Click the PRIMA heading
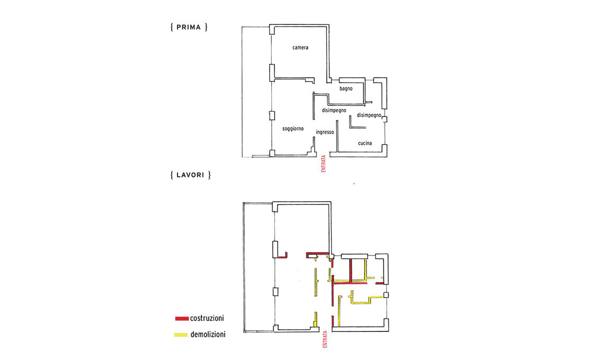189,28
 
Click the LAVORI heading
190,175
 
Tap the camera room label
300,48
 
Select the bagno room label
346,88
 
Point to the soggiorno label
293,129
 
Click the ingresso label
325,132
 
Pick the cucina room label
365,143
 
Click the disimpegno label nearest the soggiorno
334,111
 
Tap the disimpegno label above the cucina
369,115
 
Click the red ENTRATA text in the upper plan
324,164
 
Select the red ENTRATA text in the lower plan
325,339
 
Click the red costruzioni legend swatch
181,319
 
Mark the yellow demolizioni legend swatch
181,335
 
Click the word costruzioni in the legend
207,318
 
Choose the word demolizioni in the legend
208,335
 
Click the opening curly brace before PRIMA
172,28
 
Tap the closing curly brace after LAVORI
210,175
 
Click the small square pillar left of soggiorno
272,115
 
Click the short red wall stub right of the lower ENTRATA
333,321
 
